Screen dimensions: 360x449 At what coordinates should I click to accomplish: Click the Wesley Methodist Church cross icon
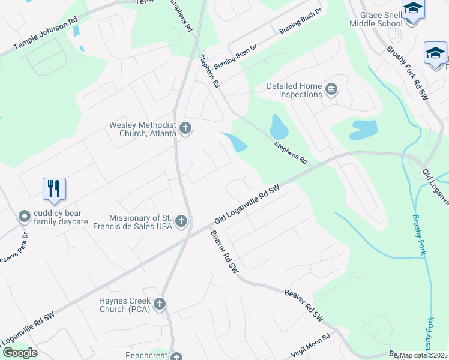[x=185, y=128]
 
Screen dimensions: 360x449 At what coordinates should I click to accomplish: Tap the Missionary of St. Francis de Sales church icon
[x=181, y=222]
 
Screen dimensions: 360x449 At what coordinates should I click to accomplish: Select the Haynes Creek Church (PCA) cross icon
[x=159, y=304]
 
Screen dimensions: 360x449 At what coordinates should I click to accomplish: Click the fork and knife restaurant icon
[x=54, y=189]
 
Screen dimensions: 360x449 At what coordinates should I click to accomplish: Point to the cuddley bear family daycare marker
[x=24, y=216]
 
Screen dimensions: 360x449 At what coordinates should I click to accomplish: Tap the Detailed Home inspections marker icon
[x=331, y=90]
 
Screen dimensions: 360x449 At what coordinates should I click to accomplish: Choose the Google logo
[x=19, y=353]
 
